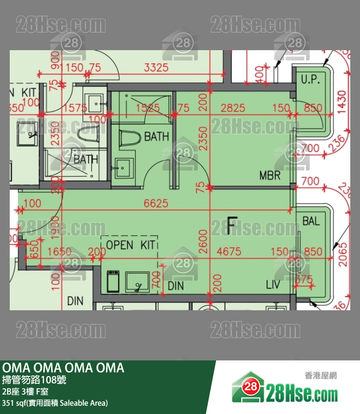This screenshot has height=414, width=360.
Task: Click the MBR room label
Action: click(270, 175)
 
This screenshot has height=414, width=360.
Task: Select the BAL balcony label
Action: click(311, 221)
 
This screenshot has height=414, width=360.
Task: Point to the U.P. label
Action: click(310, 79)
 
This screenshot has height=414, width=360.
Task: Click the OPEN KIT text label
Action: click(130, 245)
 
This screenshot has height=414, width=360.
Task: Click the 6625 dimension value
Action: click(156, 204)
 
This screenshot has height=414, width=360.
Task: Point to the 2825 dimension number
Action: click(233, 108)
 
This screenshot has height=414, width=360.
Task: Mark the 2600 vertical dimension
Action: click(203, 239)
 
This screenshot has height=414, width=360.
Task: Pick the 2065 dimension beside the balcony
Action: click(342, 254)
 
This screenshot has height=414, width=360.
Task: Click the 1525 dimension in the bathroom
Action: click(147, 108)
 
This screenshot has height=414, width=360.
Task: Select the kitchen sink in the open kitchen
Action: click(137, 282)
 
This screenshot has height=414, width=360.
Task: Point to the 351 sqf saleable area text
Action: click(55, 403)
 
